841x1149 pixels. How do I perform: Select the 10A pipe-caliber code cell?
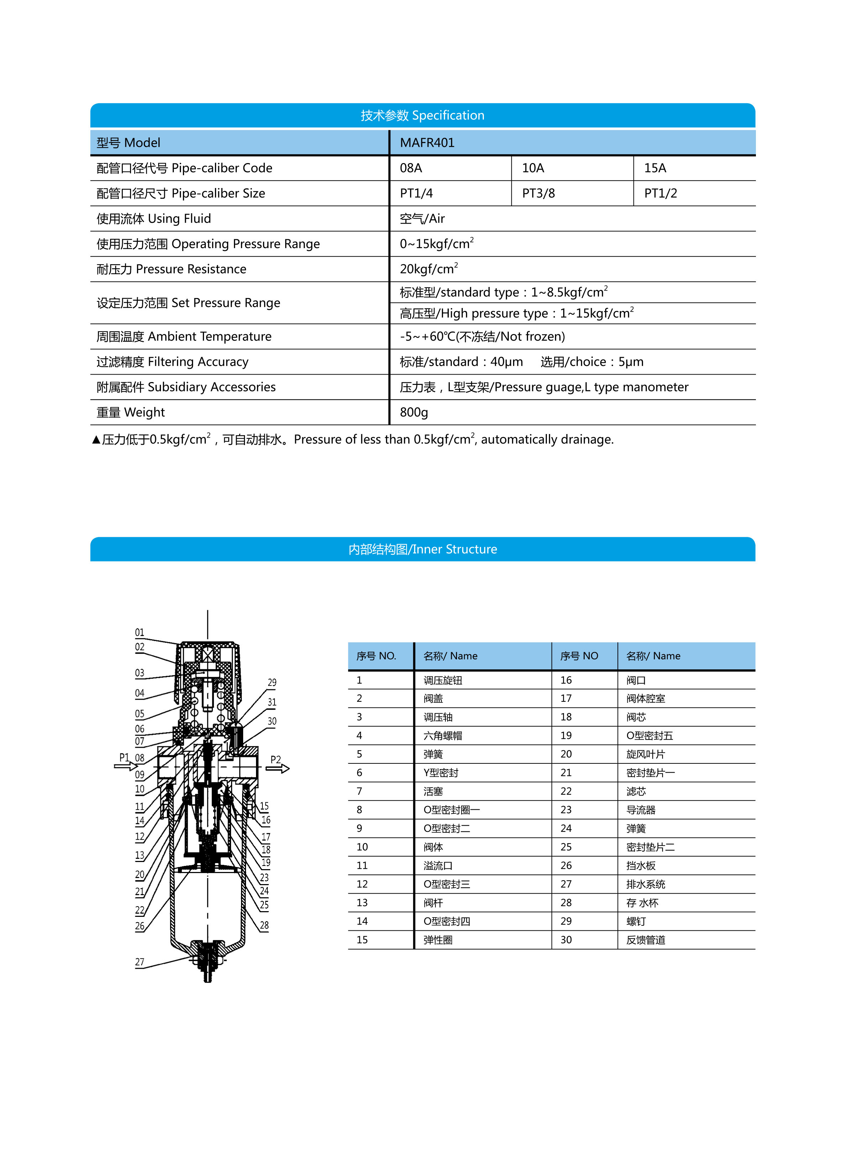point(533,168)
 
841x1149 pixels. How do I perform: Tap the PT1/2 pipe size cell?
point(660,193)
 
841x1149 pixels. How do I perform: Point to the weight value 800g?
point(413,412)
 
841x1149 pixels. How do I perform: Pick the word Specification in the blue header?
point(448,116)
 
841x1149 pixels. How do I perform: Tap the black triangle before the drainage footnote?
point(96,440)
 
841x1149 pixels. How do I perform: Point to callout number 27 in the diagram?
point(140,962)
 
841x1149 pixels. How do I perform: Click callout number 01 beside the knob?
point(140,632)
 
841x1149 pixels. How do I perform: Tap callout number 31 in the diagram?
point(272,702)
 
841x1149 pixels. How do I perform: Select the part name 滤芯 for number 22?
point(636,792)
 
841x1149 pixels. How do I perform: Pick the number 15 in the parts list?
point(362,940)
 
